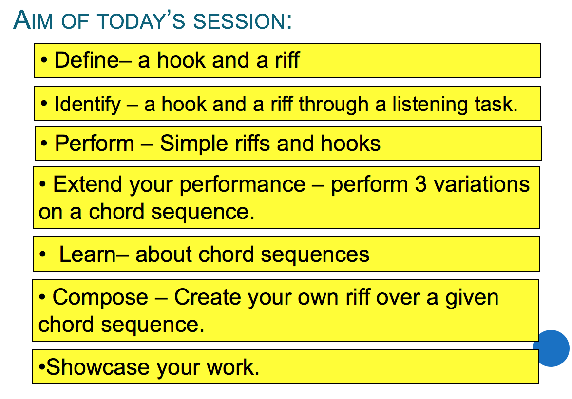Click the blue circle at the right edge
point(551,348)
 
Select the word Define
point(86,60)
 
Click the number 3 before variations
point(420,184)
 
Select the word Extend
point(88,184)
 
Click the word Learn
point(87,254)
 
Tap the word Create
point(208,297)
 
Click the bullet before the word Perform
point(44,144)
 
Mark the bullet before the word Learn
point(43,254)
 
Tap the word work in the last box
point(233,367)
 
